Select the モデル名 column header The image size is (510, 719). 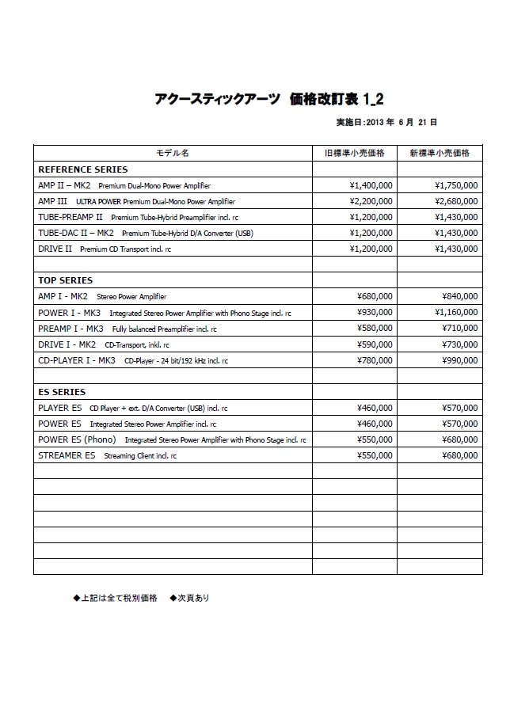172,153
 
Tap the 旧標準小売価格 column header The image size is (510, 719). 355,153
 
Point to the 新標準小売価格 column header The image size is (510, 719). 440,153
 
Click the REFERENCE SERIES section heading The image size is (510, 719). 82,169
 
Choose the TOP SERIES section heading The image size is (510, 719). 65,280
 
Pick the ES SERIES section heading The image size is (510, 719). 62,392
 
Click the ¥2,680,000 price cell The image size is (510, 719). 456,201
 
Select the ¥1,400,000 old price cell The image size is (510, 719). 371,185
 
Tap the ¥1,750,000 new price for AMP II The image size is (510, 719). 456,185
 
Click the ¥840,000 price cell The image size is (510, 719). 459,297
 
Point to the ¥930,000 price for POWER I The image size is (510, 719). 375,313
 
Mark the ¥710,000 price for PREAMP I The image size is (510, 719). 459,329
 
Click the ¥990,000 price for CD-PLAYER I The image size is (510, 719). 459,360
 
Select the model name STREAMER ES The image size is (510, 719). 67,456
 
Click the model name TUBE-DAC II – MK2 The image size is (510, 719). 76,233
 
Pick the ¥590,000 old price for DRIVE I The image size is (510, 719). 375,344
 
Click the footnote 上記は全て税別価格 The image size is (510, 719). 119,598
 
